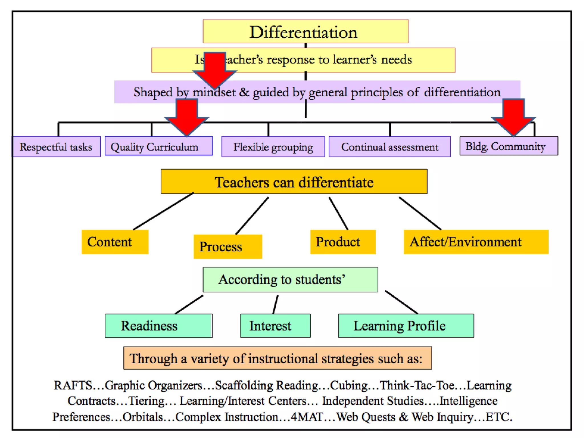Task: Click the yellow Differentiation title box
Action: coord(305,32)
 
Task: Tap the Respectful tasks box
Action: coord(56,147)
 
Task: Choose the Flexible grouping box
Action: coord(273,147)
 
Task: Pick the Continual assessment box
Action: coord(390,147)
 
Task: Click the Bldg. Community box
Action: coord(508,146)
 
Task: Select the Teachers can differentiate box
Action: coord(294,182)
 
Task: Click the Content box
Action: coord(115,242)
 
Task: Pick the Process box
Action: coord(228,247)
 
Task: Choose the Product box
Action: coord(343,242)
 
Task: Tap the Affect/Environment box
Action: coord(476,242)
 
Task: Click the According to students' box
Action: coord(290,279)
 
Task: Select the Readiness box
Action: coord(158,326)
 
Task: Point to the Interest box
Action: coord(275,326)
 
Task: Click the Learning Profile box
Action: coord(406,326)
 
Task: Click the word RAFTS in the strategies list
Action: coord(73,386)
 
